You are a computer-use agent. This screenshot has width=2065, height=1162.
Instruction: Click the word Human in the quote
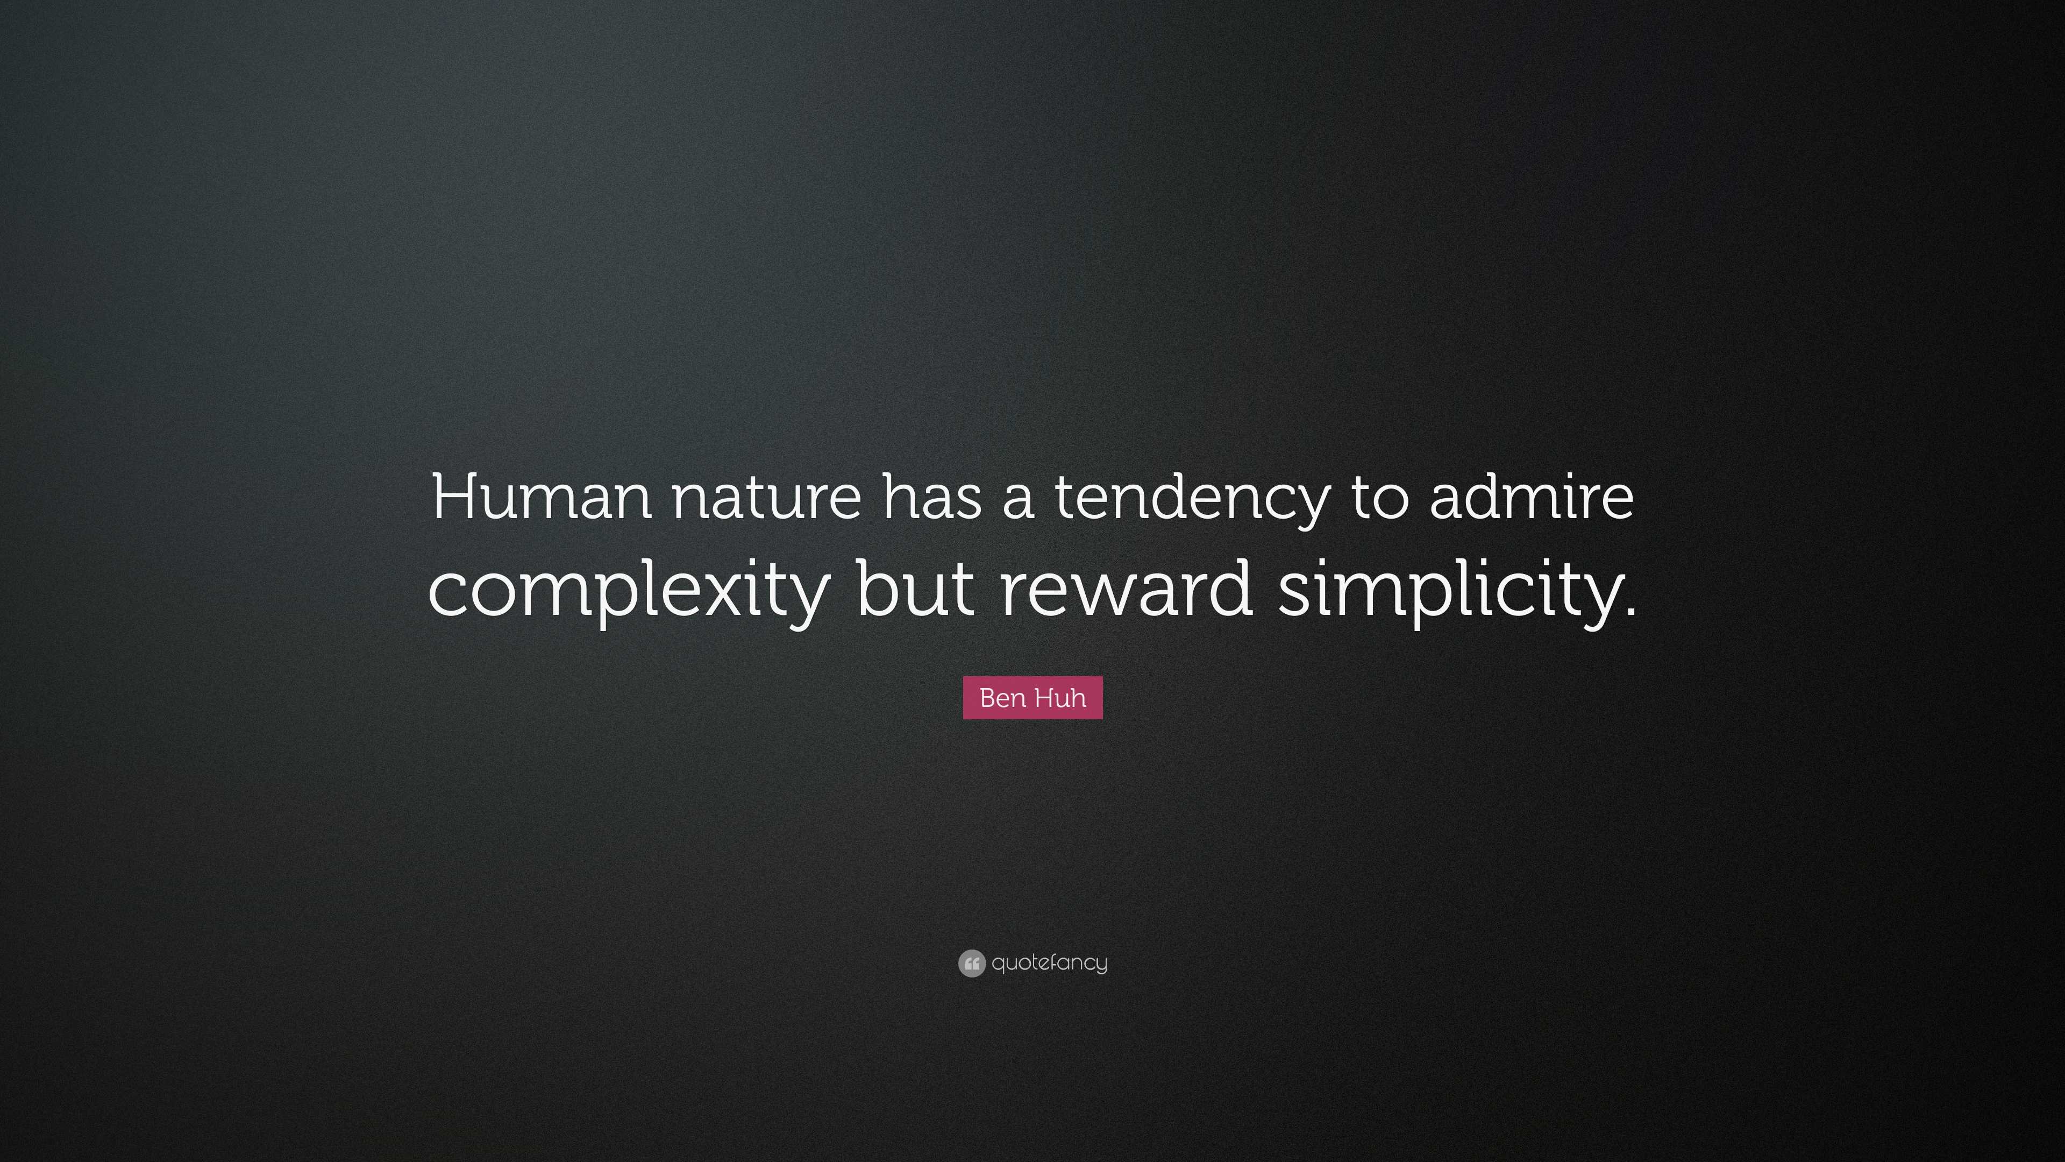[541, 497]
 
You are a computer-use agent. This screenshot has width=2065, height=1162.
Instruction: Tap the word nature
[766, 497]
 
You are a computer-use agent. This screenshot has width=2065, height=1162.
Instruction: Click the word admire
[1531, 497]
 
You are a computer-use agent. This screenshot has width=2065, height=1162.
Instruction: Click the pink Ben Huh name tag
[1032, 698]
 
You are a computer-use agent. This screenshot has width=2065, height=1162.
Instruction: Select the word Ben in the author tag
[1000, 698]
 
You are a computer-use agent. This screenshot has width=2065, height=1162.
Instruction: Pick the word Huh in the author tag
[1060, 698]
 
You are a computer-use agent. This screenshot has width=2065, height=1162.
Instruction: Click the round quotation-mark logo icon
[972, 963]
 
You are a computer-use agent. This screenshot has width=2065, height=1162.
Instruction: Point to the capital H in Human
[456, 497]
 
